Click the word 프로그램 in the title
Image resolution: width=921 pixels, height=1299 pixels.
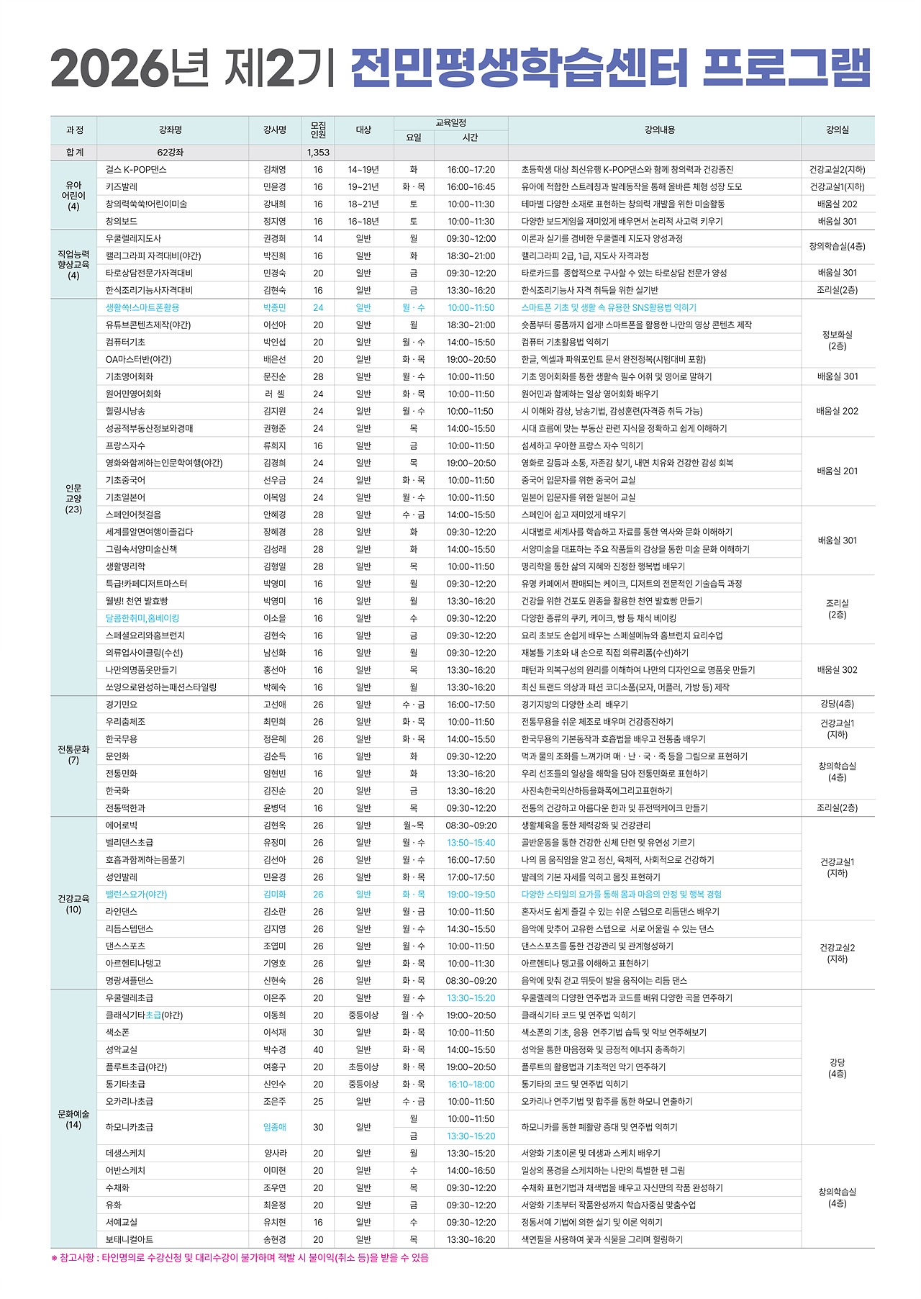[786, 69]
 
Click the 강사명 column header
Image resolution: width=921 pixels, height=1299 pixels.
[274, 130]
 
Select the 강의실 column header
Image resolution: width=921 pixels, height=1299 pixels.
[838, 130]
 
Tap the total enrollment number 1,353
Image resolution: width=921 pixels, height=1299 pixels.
[318, 153]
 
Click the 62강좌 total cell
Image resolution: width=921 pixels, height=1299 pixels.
[171, 153]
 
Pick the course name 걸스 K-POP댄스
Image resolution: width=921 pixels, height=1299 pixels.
[136, 170]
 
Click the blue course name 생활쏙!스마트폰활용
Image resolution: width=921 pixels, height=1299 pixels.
[142, 308]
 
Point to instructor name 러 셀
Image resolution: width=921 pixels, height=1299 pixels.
[274, 394]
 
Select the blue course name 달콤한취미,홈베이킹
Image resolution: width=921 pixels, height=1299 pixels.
[142, 618]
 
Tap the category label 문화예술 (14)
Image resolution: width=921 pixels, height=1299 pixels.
[73, 1120]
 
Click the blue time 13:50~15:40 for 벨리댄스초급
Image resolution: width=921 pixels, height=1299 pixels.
[471, 843]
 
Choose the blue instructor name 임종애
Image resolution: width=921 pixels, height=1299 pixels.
[274, 1128]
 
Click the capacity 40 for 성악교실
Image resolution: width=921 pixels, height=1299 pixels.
[318, 1050]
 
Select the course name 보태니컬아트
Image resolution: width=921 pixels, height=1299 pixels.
[130, 1240]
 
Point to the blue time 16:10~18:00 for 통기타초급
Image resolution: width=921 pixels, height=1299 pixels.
[471, 1085]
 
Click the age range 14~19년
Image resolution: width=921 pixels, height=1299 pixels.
[363, 170]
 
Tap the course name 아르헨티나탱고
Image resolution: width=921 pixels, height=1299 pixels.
[134, 964]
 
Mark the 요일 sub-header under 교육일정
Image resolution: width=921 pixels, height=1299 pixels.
[414, 137]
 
